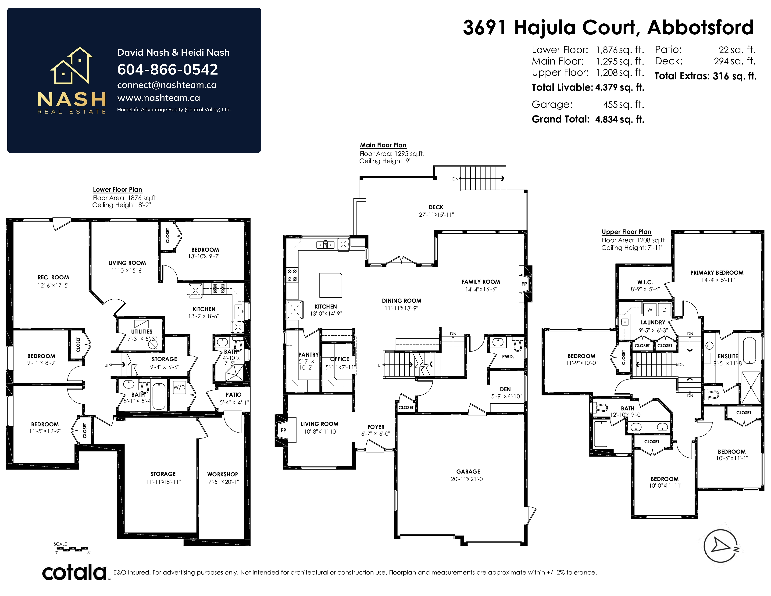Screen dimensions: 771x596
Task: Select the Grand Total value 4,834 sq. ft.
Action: point(620,119)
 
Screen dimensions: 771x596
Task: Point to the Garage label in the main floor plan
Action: point(468,471)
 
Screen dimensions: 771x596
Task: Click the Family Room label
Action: point(480,282)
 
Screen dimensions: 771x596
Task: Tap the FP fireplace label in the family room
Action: point(524,284)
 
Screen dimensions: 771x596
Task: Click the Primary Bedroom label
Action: point(717,273)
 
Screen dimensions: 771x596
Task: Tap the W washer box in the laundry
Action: point(650,309)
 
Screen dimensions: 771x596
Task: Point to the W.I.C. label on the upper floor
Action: point(645,282)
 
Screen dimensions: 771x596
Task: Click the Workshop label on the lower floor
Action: point(222,474)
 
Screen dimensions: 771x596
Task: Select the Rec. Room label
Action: point(53,277)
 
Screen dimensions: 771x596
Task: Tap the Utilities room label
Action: point(142,332)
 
